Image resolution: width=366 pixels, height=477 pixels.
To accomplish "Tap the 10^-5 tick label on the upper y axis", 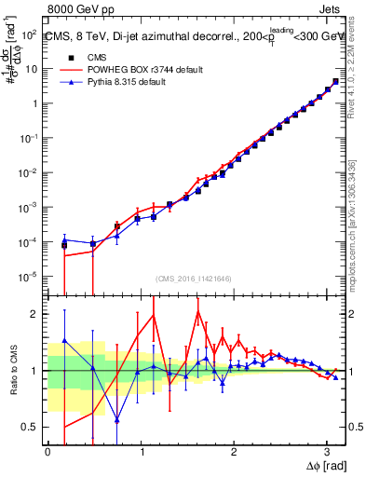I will pos(27,277).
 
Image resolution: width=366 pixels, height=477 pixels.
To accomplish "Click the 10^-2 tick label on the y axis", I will pos(27,172).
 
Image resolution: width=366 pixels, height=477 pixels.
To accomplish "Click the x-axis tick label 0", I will pos(47,451).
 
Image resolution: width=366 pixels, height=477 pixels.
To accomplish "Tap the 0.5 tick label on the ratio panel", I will pos(29,427).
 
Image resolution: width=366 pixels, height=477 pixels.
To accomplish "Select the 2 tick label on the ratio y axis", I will pos(34,314).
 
